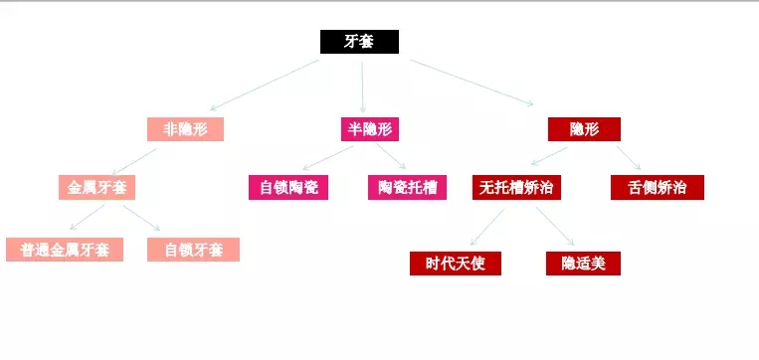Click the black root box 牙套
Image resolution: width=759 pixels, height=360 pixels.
(x=359, y=42)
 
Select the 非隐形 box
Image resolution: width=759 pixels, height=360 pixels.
(x=185, y=129)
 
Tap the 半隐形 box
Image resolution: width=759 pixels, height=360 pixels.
(x=367, y=129)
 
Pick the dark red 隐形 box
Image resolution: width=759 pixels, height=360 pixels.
(x=583, y=129)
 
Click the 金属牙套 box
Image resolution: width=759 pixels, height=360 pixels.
(x=96, y=187)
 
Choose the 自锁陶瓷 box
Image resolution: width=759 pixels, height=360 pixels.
(x=287, y=187)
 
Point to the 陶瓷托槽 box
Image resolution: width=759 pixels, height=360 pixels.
(x=407, y=187)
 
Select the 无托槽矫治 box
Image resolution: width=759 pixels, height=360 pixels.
(x=516, y=187)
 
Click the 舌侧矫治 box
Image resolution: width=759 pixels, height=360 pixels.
(x=657, y=187)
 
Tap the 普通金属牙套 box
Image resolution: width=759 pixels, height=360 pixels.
(x=65, y=250)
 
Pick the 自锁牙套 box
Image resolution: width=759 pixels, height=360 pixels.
(x=194, y=250)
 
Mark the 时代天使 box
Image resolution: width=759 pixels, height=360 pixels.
(x=455, y=264)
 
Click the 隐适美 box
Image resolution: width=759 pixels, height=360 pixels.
(x=583, y=264)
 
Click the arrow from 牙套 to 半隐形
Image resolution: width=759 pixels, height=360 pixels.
(x=363, y=85)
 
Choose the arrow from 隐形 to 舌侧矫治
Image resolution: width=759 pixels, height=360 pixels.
(x=628, y=158)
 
